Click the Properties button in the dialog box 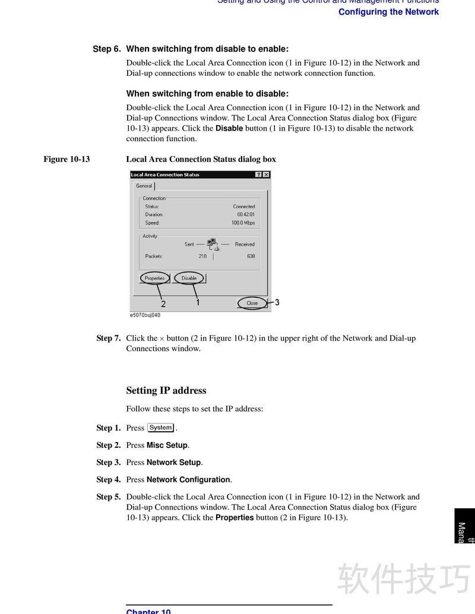pos(155,278)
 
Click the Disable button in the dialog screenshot pos(189,278)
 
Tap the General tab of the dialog pos(144,186)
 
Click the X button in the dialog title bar pos(266,174)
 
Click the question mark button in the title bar pos(258,174)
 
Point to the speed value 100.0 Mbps pos(243,223)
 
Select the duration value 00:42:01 pos(245,215)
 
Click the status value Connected pos(243,206)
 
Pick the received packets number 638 pos(251,256)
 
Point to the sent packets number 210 pos(202,256)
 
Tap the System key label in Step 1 pos(160,428)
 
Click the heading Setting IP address pos(166,390)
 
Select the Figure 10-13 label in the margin pos(66,159)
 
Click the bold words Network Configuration pos(188,479)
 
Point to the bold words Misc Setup pos(167,445)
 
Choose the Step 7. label pos(109,338)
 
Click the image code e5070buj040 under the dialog pos(145,315)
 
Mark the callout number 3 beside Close pos(277,303)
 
